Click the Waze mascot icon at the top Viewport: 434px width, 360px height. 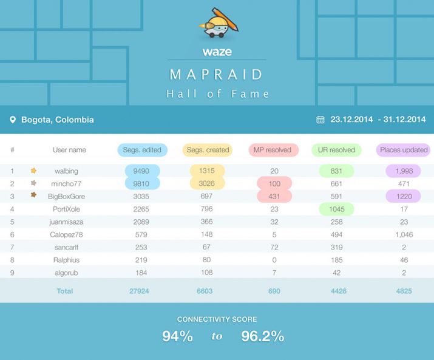(x=217, y=24)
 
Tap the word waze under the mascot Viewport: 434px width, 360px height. (x=217, y=52)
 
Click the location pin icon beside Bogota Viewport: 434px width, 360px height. (x=13, y=120)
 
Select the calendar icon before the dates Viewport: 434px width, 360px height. (x=320, y=120)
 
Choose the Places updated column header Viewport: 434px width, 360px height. (x=404, y=150)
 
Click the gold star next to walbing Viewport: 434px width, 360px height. (x=33, y=171)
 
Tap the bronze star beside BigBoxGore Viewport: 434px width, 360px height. (x=33, y=195)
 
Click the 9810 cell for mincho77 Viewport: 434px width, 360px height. (x=141, y=183)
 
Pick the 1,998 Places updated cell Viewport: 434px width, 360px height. (x=404, y=171)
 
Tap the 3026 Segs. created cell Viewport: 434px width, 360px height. (x=207, y=183)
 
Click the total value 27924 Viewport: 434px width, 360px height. (x=139, y=291)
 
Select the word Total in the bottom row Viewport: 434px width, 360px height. (x=65, y=291)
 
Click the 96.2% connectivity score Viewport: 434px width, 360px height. (x=262, y=336)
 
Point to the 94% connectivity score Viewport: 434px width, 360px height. (x=177, y=336)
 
